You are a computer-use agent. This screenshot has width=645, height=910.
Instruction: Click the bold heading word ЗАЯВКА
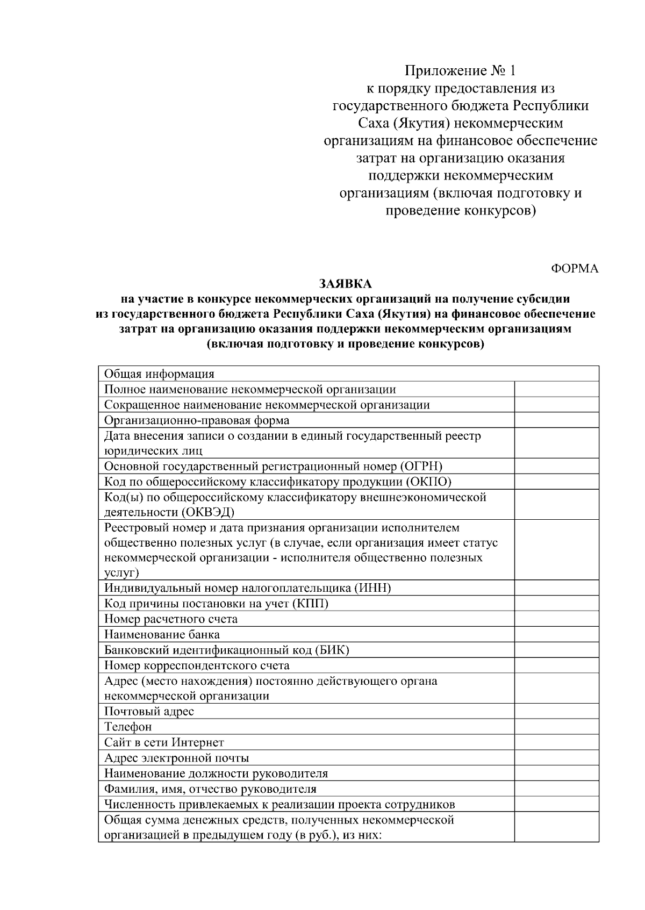[346, 284]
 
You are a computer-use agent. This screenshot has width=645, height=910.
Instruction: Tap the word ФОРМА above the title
[575, 269]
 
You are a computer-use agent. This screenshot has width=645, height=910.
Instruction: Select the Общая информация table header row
[159, 374]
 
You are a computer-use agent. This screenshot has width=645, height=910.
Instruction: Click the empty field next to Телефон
[556, 727]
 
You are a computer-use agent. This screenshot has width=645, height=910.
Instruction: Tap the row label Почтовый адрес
[149, 712]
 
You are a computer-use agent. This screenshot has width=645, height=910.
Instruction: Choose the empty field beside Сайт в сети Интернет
[556, 743]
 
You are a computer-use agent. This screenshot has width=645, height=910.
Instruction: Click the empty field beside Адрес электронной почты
[556, 758]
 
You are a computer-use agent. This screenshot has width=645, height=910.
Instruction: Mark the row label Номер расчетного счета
[170, 619]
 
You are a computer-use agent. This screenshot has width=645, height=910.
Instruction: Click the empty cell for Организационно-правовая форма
[556, 420]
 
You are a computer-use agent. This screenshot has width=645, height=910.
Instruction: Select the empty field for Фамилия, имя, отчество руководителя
[556, 789]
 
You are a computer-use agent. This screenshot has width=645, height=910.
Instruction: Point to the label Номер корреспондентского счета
[197, 666]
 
